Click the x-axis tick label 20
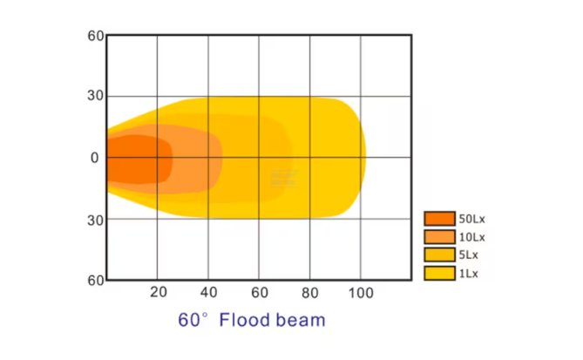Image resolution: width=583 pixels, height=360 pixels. tap(158, 293)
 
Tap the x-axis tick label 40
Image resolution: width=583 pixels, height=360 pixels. tap(208, 293)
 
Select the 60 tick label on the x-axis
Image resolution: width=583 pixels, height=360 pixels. tap(259, 293)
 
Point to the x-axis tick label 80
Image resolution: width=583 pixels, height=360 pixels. tap(310, 293)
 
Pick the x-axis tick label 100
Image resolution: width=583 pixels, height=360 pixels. tap(360, 293)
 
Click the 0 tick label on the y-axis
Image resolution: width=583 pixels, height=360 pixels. tap(96, 158)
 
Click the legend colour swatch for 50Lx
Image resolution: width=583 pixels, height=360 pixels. tap(440, 218)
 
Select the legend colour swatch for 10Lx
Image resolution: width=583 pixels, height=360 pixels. tap(440, 236)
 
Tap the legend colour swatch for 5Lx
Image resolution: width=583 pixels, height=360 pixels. tap(440, 255)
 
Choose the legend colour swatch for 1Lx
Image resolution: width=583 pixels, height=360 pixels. tap(440, 273)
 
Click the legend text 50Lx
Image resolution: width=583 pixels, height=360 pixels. tap(471, 218)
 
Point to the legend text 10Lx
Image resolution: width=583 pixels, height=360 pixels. tap(471, 236)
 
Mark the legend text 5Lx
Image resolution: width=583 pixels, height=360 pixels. tap(469, 255)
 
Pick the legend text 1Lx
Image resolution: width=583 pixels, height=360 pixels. tap(469, 273)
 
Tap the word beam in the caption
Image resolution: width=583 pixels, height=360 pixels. tap(300, 320)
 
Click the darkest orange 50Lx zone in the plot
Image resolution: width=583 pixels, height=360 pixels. tap(135, 159)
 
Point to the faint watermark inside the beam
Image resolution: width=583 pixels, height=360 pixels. tap(285, 177)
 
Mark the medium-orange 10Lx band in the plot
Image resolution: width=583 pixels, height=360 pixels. tap(196, 159)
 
